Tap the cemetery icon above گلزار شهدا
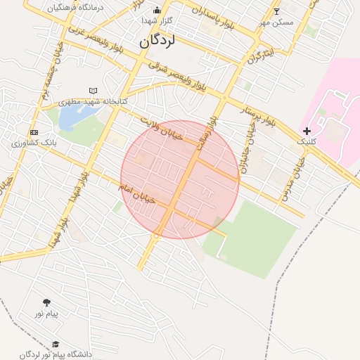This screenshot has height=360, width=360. coord(157,10)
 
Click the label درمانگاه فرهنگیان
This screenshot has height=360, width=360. coord(76,7)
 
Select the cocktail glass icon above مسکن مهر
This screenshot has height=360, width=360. coord(276,11)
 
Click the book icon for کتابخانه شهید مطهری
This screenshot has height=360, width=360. coord(94,91)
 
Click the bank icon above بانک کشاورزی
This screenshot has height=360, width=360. coord(34,132)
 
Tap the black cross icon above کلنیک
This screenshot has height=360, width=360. coord(307,131)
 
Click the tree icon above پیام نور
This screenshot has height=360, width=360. coord(47,302)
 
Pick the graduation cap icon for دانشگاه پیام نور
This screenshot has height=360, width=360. coord(56,344)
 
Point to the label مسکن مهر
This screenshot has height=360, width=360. coord(276,22)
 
